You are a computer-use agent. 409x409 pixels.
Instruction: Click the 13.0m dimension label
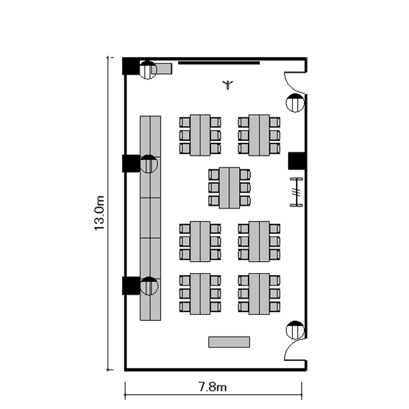coord(99,213)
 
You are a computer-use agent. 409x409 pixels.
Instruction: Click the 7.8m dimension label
coord(213,387)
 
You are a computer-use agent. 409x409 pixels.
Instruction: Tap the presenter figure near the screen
coord(228,85)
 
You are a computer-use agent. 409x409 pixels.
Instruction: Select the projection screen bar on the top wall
coord(219,63)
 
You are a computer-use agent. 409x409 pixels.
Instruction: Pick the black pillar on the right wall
coord(297,161)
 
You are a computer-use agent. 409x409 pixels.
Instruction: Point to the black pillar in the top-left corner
coord(131,66)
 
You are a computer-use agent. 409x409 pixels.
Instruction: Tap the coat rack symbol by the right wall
coord(297,193)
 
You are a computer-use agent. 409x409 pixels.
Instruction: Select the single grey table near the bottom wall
coord(229,342)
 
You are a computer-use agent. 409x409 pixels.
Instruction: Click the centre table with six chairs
coord(229,188)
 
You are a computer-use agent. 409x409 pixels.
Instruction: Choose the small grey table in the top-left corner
coord(161,69)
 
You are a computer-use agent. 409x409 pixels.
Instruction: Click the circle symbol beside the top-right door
coord(295,103)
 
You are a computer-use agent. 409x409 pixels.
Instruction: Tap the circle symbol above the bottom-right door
coord(295,330)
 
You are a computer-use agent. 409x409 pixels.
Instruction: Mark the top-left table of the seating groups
coord(200,135)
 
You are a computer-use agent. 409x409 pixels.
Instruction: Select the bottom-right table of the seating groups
coord(259,294)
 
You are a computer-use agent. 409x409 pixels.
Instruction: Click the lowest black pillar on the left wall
coord(131,286)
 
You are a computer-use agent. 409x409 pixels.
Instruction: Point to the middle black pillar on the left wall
coord(131,164)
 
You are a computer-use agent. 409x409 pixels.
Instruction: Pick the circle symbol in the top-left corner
coord(148,70)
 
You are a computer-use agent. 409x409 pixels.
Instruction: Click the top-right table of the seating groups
coord(259,135)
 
